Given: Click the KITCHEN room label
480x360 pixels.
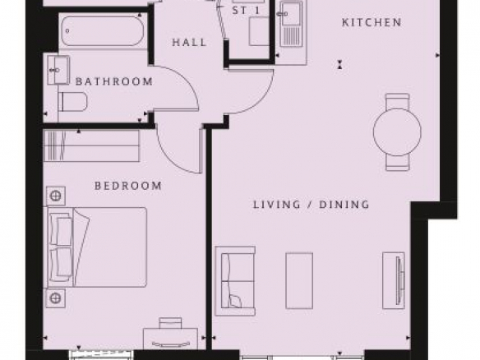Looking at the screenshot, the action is point(372,22).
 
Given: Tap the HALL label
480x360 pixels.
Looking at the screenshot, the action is point(190,42).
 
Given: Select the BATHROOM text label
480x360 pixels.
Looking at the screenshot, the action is point(114,81).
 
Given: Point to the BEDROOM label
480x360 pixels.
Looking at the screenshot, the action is point(128,186).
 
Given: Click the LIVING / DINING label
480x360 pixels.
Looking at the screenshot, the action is point(311,204).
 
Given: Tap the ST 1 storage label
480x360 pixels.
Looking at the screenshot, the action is point(246,11).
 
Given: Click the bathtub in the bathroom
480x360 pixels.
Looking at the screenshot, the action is point(102,31).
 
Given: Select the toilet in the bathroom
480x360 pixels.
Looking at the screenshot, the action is point(72,102).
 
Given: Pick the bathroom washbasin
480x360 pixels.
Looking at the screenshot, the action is point(58,70).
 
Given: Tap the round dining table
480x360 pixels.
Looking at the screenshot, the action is point(397,132).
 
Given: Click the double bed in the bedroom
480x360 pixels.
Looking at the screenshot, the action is point(97,247).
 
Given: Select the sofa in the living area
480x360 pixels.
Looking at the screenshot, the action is point(235,281).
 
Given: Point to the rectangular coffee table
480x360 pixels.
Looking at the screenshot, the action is point(299,281).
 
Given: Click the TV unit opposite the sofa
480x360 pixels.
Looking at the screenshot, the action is point(394,280).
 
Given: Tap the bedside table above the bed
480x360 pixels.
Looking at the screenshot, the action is point(56,196).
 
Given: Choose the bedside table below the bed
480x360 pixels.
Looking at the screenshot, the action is point(56,298).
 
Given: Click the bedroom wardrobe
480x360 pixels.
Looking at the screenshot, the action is point(92,145).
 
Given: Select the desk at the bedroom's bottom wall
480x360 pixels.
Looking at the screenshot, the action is point(171,339).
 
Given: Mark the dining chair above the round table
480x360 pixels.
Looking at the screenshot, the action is point(397,101).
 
